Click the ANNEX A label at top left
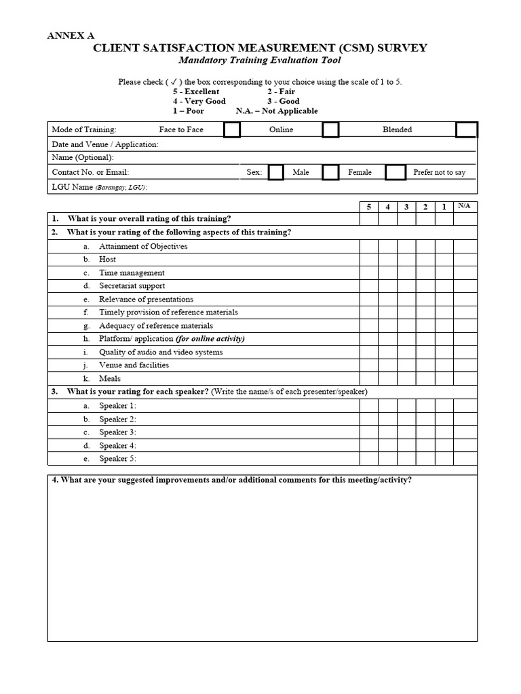click(71, 36)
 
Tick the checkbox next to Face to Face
click(232, 129)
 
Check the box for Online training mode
click(330, 129)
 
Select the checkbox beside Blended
click(466, 129)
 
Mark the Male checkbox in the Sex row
click(276, 172)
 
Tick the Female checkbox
click(330, 172)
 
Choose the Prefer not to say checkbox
click(395, 172)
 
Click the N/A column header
click(465, 206)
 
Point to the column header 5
click(369, 207)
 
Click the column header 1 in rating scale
click(444, 207)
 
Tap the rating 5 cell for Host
click(369, 260)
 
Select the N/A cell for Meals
click(465, 379)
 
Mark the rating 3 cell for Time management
click(406, 273)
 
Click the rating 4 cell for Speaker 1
click(387, 406)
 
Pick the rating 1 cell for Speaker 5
click(444, 459)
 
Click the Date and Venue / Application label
click(105, 144)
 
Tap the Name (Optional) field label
click(83, 157)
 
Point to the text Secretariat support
click(132, 286)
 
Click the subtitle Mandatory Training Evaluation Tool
click(255, 60)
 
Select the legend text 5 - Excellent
click(196, 91)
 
